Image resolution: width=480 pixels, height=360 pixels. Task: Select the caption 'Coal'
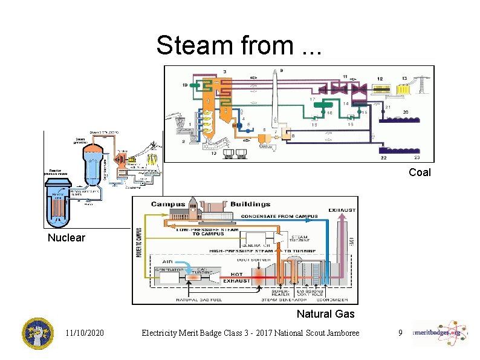coord(419,172)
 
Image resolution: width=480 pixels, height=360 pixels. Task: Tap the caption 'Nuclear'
coord(66,238)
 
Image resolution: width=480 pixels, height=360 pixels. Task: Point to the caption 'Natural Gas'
coord(325,313)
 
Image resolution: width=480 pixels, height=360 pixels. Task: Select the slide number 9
coord(400,333)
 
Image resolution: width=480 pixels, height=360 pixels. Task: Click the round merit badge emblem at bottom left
coord(37,333)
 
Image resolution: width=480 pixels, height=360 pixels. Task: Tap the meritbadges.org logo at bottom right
coord(440,333)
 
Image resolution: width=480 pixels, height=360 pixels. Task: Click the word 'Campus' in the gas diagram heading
coord(168,205)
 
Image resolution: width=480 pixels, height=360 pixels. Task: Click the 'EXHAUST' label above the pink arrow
coord(342,211)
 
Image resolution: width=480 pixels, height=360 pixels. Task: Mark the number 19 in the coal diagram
coord(184,86)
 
